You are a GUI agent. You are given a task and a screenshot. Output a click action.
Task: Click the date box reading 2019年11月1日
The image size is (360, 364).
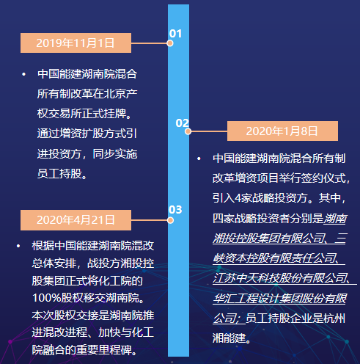[x=76, y=43]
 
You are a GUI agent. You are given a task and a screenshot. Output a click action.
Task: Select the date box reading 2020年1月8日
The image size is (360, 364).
[x=282, y=131]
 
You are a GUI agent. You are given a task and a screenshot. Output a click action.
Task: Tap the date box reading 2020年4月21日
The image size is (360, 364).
[x=76, y=220]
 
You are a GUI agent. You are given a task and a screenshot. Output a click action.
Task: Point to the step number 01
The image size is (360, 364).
[x=175, y=34]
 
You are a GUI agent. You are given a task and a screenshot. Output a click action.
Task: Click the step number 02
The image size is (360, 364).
[x=183, y=123]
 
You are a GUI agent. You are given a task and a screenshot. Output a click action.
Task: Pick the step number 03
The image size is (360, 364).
[x=175, y=210]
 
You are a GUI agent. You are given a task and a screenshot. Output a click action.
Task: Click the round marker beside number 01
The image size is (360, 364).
[x=170, y=43]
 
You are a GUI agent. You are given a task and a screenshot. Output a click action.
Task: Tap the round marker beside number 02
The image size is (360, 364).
[x=188, y=131]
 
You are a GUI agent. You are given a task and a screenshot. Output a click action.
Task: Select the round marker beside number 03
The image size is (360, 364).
[x=170, y=220]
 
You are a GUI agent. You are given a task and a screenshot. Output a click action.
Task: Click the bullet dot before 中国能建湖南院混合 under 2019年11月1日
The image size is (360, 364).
[x=23, y=74]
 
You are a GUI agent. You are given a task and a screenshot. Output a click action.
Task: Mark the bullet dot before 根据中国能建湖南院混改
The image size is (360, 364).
[x=18, y=246]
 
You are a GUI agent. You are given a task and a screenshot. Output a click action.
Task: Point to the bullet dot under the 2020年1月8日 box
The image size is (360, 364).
[x=199, y=159]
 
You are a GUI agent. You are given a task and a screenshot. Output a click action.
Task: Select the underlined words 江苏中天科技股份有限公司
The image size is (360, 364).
[x=279, y=278]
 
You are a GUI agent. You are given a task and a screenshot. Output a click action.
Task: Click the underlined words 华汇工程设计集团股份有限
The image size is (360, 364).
[x=279, y=299]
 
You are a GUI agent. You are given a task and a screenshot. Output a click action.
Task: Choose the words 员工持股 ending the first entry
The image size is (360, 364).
[x=59, y=173]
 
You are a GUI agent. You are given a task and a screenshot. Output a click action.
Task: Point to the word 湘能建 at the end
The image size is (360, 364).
[x=229, y=338]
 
